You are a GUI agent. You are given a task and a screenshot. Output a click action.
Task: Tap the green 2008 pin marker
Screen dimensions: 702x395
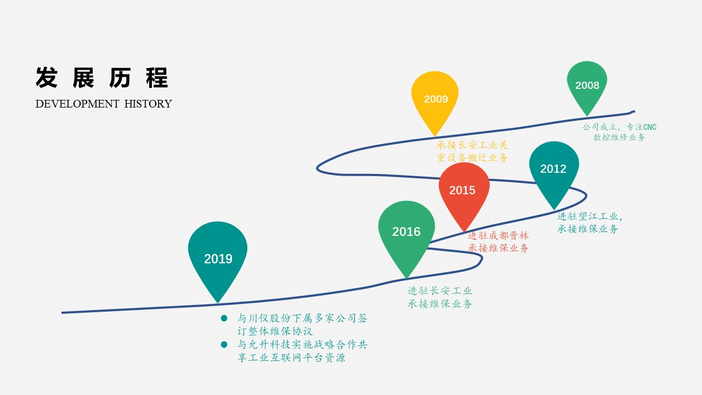point(587,85)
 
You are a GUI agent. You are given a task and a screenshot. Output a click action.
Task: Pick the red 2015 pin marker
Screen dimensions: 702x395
point(464,192)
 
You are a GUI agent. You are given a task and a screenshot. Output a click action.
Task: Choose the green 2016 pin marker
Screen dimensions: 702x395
point(406,234)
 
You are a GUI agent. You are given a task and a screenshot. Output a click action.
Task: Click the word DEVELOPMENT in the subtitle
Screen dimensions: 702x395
point(77,104)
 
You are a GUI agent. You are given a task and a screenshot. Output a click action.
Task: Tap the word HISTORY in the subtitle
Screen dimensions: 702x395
point(148,104)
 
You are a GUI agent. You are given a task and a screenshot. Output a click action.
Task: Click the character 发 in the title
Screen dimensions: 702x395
point(47,77)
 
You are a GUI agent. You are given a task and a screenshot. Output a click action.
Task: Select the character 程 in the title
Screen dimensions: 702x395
point(157,77)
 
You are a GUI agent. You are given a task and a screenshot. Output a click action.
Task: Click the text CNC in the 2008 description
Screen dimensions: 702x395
point(650,127)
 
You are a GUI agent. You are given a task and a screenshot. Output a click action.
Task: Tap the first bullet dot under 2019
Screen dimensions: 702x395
point(224,319)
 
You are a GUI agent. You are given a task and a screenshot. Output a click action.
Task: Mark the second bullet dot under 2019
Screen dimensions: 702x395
point(224,345)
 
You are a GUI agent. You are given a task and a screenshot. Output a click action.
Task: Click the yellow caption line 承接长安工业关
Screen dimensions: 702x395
point(472,145)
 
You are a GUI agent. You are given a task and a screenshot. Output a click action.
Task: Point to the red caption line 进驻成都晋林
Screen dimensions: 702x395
point(498,235)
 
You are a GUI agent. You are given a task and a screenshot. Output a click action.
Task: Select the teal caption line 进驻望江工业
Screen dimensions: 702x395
point(587,216)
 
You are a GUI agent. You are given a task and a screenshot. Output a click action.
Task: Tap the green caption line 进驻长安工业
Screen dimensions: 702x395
point(440,291)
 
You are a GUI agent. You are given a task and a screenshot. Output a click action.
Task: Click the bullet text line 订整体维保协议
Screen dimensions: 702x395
point(275,331)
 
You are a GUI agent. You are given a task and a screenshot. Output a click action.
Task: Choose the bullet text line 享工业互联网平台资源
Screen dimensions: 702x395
point(291,358)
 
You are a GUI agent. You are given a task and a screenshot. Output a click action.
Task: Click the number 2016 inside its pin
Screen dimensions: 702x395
point(406,232)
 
